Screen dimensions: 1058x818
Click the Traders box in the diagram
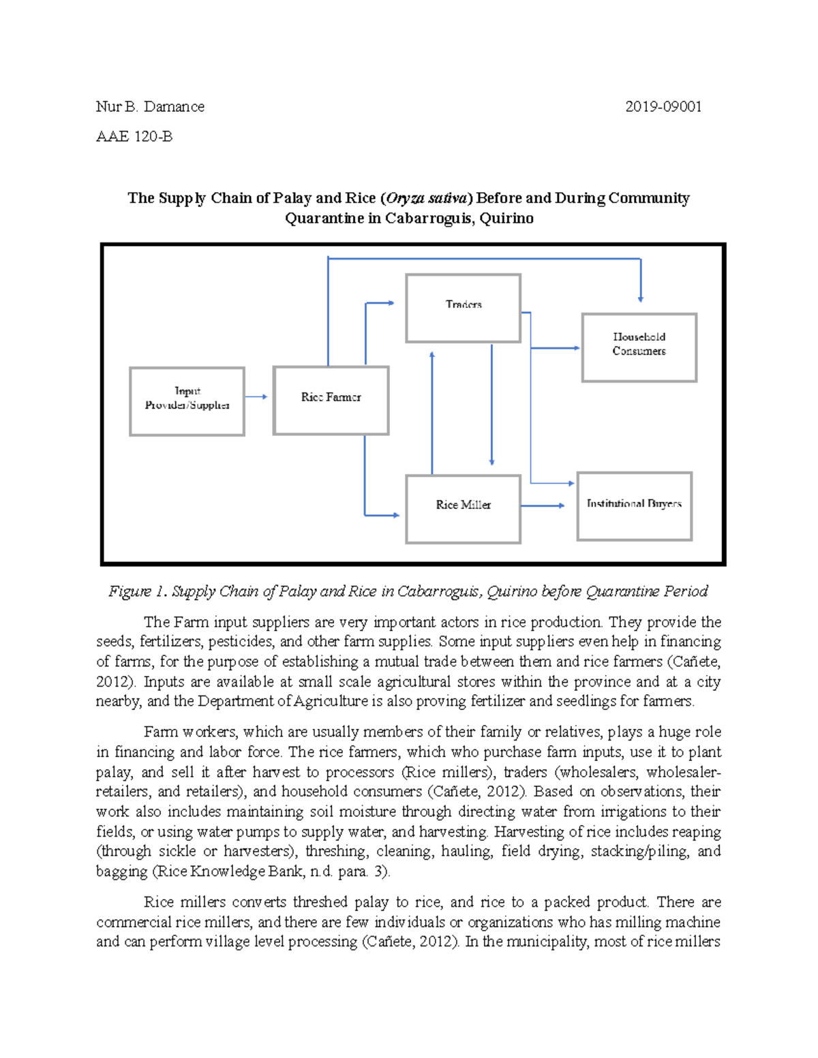[x=464, y=307]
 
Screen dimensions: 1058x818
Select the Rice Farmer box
[x=331, y=400]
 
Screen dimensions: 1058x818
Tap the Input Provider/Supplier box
[x=187, y=401]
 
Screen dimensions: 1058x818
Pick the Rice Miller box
[x=464, y=508]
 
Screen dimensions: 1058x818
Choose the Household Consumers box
[x=639, y=347]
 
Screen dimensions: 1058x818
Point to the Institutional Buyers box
[x=635, y=506]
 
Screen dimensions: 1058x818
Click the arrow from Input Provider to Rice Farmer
[x=257, y=396]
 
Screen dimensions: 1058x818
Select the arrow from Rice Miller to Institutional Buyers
[x=543, y=505]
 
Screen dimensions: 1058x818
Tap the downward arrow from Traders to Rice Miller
[x=491, y=405]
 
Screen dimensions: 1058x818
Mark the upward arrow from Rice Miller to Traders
[x=432, y=412]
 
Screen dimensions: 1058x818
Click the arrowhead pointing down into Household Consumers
[x=640, y=298]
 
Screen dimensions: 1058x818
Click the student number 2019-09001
[x=663, y=107]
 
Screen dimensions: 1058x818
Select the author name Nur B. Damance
[x=150, y=107]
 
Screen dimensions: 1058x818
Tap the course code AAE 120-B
[x=134, y=137]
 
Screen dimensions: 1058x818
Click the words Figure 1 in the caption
[x=137, y=591]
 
